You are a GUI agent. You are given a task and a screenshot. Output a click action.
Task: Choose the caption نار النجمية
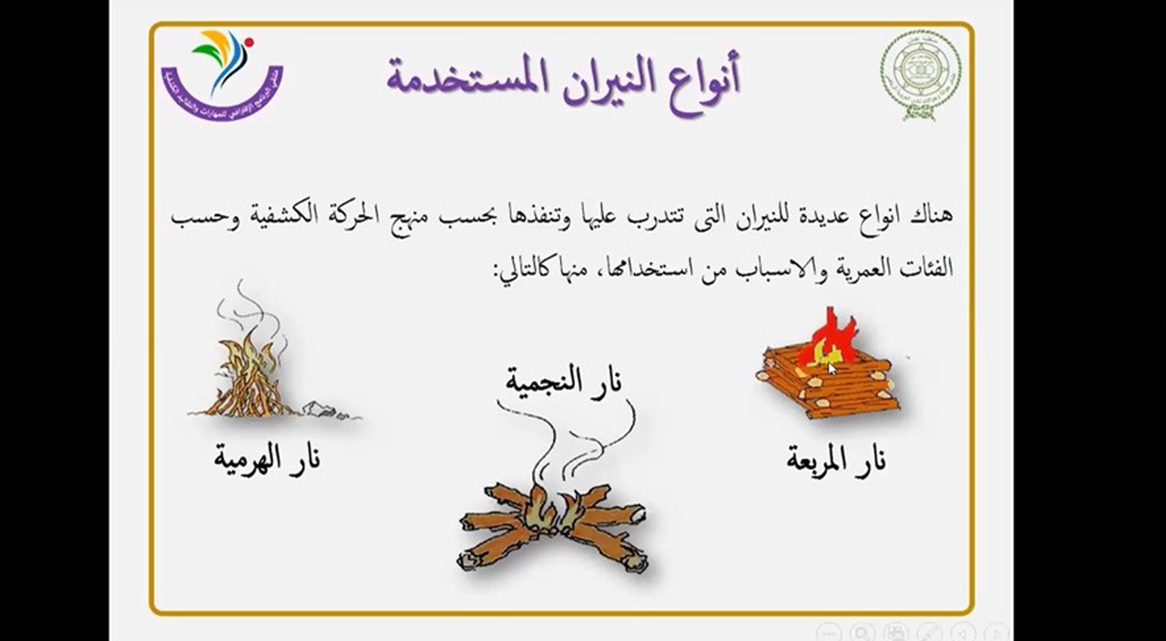coord(565,379)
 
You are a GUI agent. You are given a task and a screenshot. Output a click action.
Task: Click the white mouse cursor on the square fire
coord(832,368)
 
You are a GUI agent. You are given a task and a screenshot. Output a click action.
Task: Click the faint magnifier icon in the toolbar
coord(862,631)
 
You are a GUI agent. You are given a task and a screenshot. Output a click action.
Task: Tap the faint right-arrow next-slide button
coord(997,631)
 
